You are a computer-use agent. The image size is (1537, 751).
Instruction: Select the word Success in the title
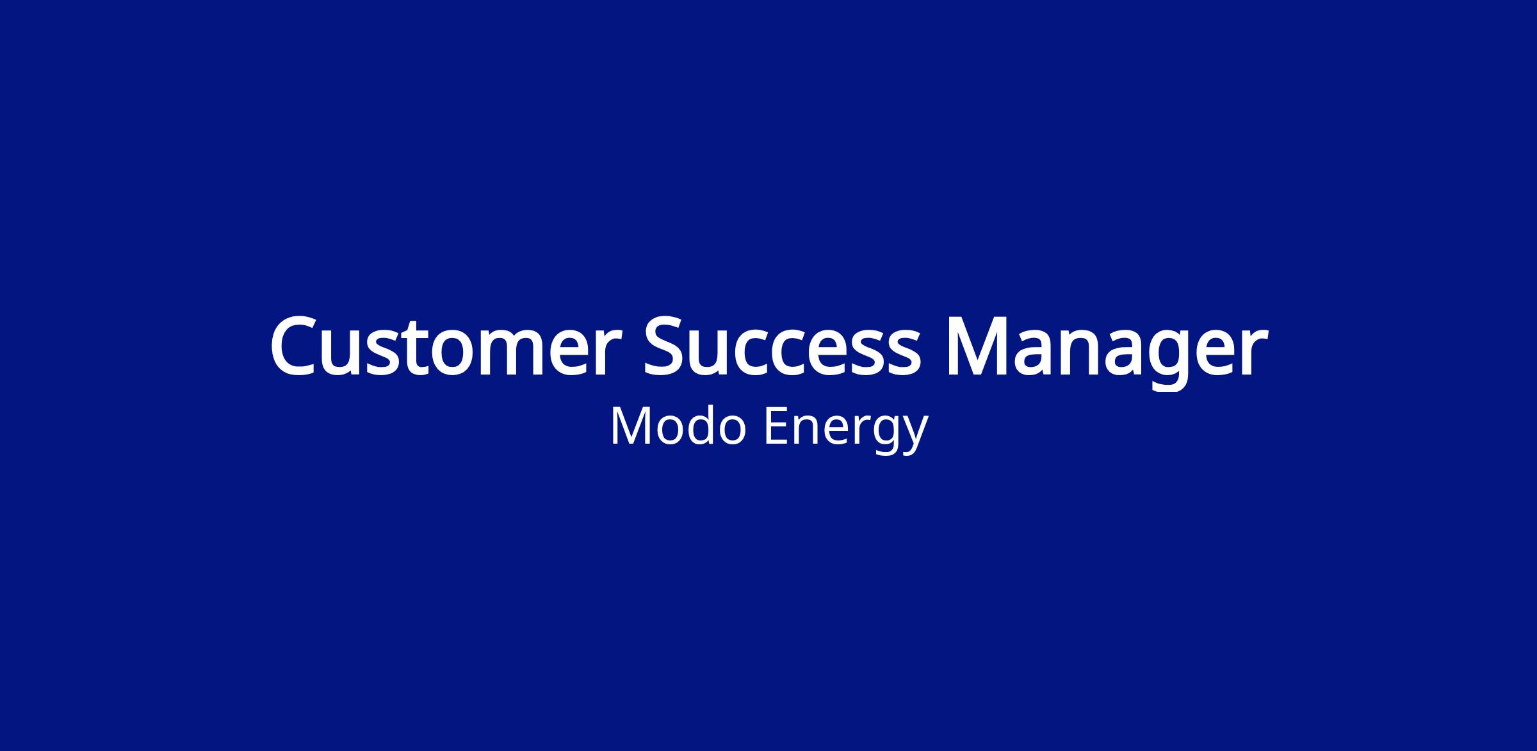click(x=782, y=346)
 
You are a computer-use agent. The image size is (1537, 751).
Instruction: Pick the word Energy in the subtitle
click(x=846, y=430)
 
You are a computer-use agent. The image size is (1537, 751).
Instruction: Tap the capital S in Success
click(x=667, y=346)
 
